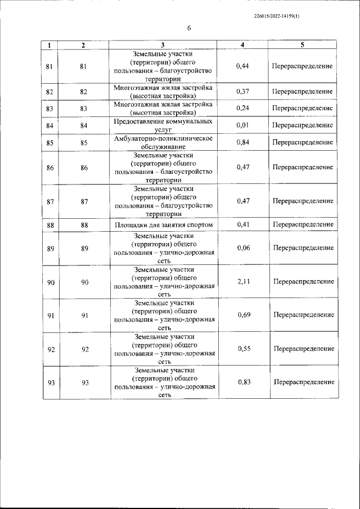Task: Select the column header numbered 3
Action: coord(163,44)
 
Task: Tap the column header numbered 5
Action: coord(303,44)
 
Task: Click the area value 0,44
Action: coord(243,66)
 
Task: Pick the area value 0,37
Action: coord(243,92)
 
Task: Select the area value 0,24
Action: coord(243,109)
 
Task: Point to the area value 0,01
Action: coord(243,125)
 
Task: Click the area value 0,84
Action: coord(243,143)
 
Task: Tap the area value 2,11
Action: coord(243,282)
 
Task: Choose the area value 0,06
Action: coord(243,248)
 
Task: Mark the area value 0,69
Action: coord(244,315)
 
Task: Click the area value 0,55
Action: coord(244,349)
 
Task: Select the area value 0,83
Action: coord(244,382)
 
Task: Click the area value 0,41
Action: coord(243,225)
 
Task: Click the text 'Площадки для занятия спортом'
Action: coord(163,225)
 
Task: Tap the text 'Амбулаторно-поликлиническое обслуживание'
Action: coord(163,143)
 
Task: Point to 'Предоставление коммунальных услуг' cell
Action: coord(163,125)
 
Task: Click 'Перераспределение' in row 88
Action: coord(303,225)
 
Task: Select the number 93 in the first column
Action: coord(51,383)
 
